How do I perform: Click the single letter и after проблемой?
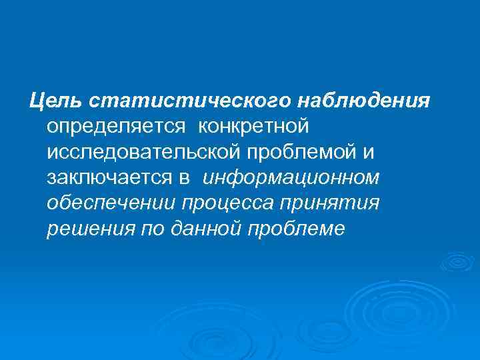[369, 152]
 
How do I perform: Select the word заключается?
[105, 178]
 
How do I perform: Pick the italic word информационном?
[291, 178]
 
